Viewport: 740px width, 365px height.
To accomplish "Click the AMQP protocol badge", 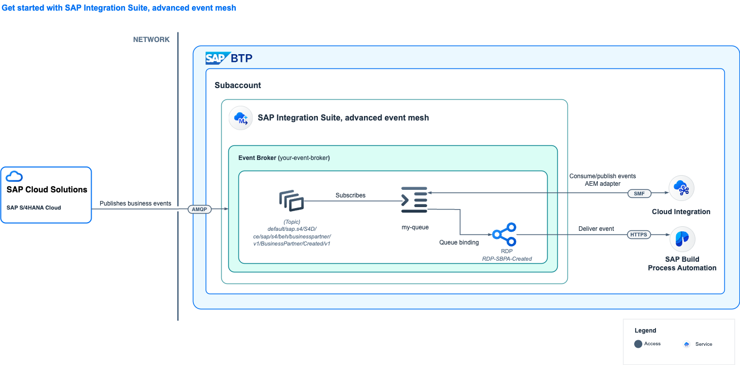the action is pos(199,209).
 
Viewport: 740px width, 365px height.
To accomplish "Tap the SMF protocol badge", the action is pos(639,193).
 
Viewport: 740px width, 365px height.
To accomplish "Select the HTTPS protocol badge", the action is pos(639,234).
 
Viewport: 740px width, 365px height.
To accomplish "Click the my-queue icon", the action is pos(414,200).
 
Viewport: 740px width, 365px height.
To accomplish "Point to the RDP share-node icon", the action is pos(505,234).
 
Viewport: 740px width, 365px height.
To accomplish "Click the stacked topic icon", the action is pos(292,200).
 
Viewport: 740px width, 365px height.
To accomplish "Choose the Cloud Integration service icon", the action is pos(681,188).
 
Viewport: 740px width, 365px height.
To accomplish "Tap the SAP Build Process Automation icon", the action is pos(682,239).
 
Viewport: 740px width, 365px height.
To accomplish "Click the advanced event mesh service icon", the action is pos(241,118).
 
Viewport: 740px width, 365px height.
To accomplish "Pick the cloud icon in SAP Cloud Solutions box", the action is pos(14,176).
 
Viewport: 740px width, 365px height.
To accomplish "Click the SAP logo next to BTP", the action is pos(218,58).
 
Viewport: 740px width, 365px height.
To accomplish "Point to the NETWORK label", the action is pos(151,39).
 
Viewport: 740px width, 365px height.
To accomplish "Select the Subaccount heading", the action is pos(238,85).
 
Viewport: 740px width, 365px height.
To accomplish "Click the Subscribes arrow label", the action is pos(350,195).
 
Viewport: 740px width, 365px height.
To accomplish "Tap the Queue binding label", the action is pos(459,242).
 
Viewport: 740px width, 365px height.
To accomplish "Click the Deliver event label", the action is pos(596,229).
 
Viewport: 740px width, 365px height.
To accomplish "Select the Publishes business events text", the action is pos(136,204).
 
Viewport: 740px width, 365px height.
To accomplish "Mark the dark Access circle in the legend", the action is pos(638,344).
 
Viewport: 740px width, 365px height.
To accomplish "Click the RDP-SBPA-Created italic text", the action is pos(507,259).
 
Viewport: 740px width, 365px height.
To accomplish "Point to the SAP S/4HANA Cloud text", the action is pos(34,208).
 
